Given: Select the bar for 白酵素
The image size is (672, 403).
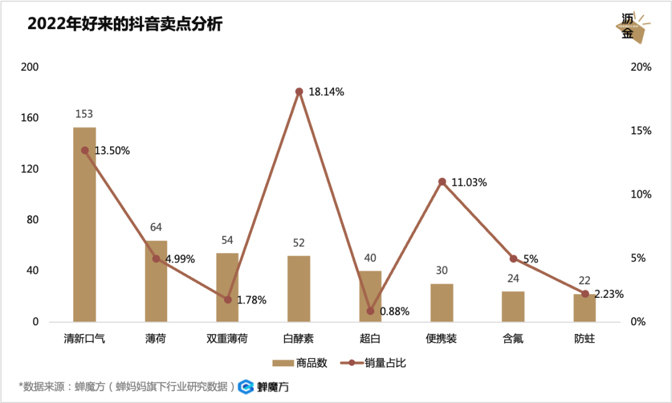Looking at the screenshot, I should (x=299, y=289).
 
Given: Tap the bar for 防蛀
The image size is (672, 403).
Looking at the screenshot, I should (x=585, y=308).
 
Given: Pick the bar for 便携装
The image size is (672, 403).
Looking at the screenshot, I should (x=442, y=303).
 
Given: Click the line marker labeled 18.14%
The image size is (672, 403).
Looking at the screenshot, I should (x=299, y=91).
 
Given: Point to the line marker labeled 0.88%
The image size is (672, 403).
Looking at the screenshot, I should (x=370, y=311).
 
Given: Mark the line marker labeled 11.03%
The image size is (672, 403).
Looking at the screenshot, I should (x=442, y=182).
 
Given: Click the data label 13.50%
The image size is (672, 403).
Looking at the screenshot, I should (x=112, y=151).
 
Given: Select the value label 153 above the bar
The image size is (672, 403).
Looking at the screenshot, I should (x=85, y=114).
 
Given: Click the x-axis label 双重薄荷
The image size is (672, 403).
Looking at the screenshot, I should (x=227, y=339).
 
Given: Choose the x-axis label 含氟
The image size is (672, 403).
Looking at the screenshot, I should (x=513, y=339).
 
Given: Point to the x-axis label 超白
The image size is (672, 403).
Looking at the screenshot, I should (x=370, y=339).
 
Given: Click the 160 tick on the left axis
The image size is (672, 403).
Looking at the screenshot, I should (x=30, y=118).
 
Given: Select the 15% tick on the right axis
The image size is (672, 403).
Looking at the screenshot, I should (x=641, y=131).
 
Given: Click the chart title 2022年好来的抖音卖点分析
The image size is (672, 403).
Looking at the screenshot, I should (x=125, y=25).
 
